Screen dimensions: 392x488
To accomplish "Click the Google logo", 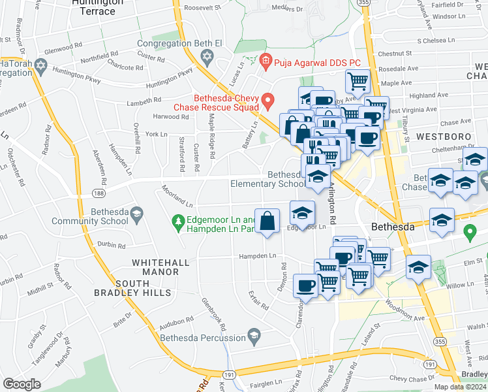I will (x=22, y=384).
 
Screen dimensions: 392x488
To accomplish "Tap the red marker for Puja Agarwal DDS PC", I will (x=265, y=63).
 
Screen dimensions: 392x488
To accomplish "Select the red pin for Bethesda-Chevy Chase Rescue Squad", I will (x=267, y=101).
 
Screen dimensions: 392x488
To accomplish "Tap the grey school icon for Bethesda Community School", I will (x=136, y=214).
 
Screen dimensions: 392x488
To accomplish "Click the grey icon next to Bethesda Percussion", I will (x=253, y=336).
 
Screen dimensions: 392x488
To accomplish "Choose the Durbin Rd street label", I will (x=112, y=246).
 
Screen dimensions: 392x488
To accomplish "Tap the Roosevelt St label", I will (x=203, y=7).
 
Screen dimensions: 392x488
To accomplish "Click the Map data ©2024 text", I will (x=460, y=387).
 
